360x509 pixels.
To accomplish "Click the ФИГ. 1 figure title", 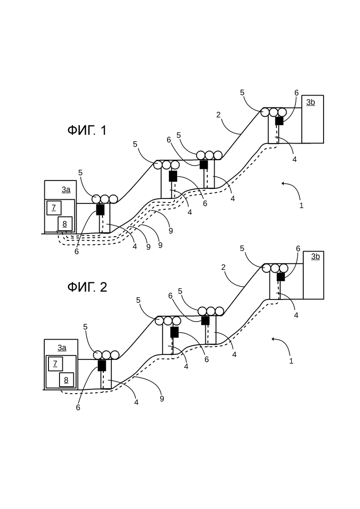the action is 87,131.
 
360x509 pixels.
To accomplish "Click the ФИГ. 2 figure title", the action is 87,287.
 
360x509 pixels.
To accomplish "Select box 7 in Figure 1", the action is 54,208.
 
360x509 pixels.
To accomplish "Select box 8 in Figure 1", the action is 65,224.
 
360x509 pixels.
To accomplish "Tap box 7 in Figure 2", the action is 55,364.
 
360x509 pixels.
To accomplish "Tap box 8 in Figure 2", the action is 66,379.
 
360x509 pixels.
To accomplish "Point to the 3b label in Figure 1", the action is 311,102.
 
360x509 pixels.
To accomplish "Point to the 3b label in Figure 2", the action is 316,257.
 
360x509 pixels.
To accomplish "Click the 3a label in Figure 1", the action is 66,190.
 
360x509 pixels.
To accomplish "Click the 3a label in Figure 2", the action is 62,348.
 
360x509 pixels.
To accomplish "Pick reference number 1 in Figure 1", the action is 301,205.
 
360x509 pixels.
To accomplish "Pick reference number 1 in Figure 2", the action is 291,361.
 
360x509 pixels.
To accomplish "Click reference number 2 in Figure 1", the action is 218,114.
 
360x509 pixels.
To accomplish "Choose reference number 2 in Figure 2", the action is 223,268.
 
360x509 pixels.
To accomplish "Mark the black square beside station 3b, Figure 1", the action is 279,121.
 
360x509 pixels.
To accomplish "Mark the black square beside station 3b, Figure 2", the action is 281,277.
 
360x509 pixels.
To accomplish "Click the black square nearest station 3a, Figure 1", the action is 100,210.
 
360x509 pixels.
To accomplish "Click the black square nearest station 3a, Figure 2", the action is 102,365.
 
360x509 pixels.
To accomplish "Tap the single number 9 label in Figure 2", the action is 162,399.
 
